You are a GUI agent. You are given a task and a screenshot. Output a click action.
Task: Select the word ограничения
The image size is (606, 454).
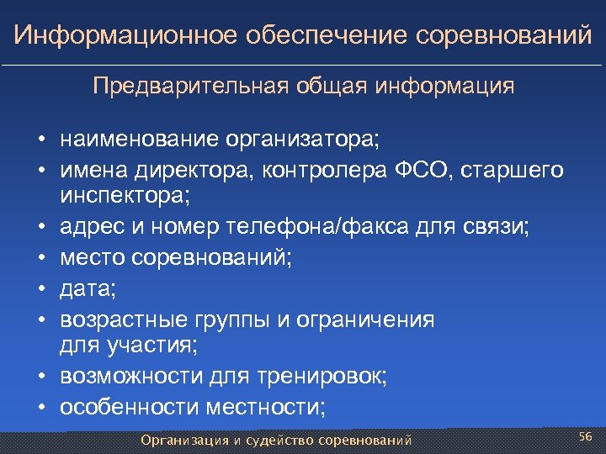click(x=368, y=319)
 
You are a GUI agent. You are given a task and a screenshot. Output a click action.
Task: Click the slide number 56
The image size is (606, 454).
click(x=587, y=436)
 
